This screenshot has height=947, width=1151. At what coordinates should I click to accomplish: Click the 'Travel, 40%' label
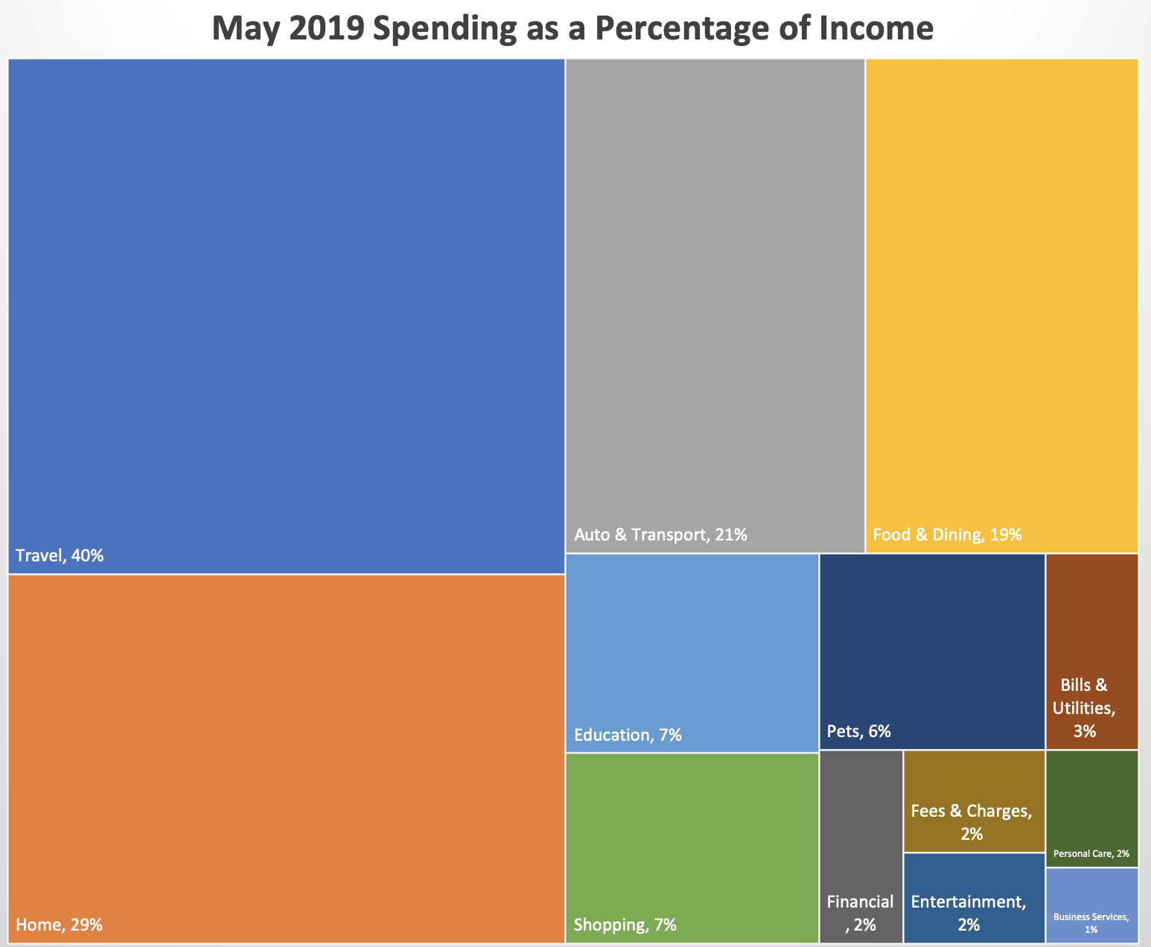click(x=60, y=555)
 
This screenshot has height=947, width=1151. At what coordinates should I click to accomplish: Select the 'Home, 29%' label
click(x=59, y=925)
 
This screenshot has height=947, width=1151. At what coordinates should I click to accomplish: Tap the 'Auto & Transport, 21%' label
click(x=660, y=535)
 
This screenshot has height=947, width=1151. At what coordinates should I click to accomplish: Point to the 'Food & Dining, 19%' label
click(x=947, y=535)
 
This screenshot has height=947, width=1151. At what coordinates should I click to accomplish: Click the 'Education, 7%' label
click(x=628, y=736)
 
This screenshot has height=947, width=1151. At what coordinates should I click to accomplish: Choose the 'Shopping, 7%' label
click(x=625, y=925)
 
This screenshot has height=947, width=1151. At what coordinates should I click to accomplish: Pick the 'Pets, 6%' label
click(x=858, y=731)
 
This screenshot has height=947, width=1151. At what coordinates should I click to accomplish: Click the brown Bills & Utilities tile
click(x=1091, y=651)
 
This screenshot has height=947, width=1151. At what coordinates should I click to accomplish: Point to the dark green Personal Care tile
click(x=1091, y=809)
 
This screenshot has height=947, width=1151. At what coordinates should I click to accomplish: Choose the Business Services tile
click(x=1091, y=905)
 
